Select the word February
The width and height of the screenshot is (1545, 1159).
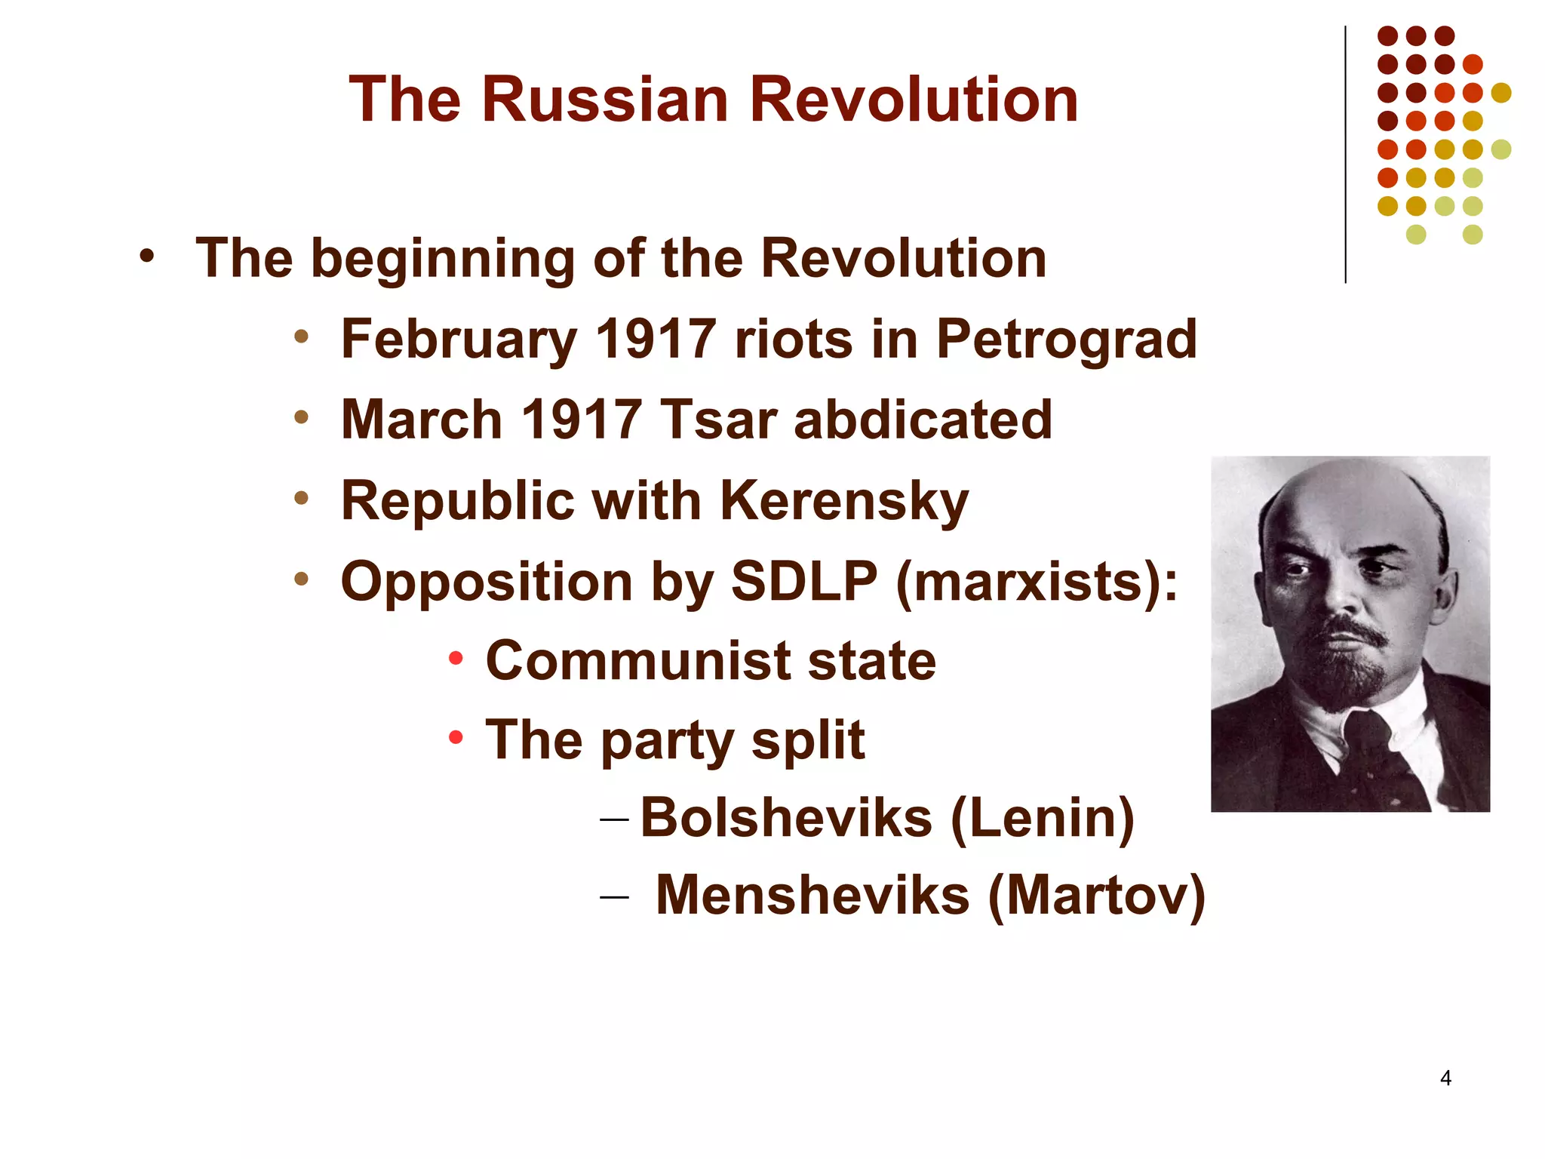coord(459,340)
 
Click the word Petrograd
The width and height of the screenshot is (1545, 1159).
coord(1066,340)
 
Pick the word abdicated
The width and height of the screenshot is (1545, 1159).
coord(923,420)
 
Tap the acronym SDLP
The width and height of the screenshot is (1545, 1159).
coord(804,582)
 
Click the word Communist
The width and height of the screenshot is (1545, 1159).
coord(637,661)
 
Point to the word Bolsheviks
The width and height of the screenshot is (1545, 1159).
coord(786,818)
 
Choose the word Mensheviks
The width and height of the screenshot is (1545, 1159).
coord(812,896)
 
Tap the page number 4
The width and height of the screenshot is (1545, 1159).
coord(1445,1078)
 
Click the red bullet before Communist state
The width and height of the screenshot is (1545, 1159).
coord(455,659)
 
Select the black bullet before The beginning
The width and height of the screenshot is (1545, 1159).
coord(146,256)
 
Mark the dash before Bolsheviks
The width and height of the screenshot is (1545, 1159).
coord(614,818)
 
